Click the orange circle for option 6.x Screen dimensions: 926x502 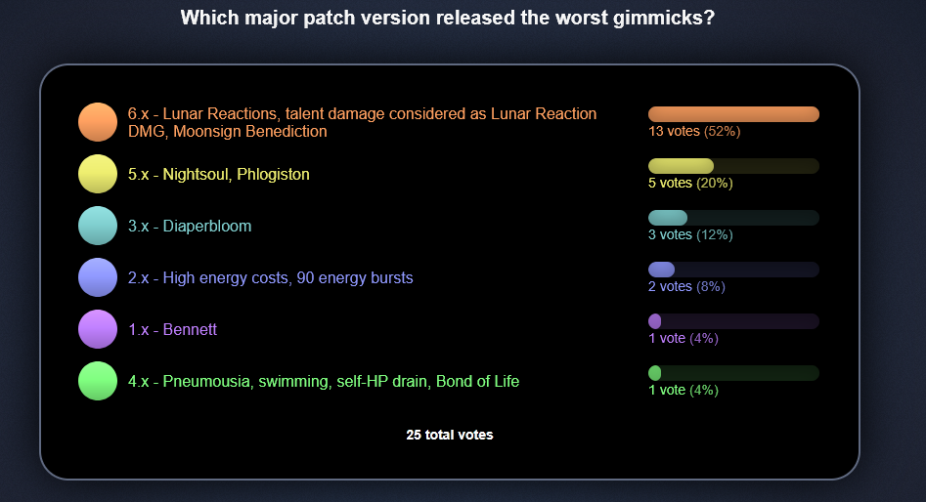98,122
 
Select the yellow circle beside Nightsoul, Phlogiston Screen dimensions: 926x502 98,174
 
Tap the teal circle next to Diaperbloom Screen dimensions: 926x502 98,226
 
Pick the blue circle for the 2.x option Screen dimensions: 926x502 98,277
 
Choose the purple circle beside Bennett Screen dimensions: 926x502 98,329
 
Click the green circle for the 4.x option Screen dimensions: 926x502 98,381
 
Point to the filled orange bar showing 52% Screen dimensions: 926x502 733,114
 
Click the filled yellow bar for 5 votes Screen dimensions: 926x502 681,166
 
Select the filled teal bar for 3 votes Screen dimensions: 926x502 668,218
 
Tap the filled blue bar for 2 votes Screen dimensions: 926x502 661,270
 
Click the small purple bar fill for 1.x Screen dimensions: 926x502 655,321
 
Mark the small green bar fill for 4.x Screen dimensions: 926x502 655,373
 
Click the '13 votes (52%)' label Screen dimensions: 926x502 694,131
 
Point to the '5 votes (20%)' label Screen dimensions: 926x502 690,183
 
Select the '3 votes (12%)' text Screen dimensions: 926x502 690,234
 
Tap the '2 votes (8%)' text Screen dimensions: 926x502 686,287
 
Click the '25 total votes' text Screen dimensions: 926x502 450,435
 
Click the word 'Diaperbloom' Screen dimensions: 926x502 207,227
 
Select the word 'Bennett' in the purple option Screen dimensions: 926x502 190,329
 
